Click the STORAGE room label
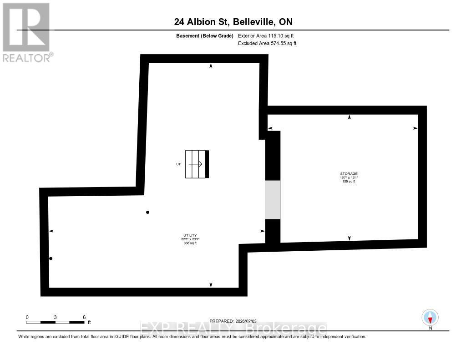tap(349, 173)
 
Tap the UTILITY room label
tap(190, 235)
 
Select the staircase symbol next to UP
tap(197, 164)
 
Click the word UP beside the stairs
tap(178, 164)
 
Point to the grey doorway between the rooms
tap(273, 200)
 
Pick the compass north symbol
tap(430, 317)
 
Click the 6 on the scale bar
tap(84, 317)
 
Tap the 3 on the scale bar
tap(56, 317)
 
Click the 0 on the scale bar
tap(27, 317)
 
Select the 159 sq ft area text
tap(349, 182)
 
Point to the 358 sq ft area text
tap(190, 243)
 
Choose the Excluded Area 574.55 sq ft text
tap(267, 44)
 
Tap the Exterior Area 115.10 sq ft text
tap(269, 36)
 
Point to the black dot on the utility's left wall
tap(51, 259)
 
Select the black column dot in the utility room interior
tap(147, 212)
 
